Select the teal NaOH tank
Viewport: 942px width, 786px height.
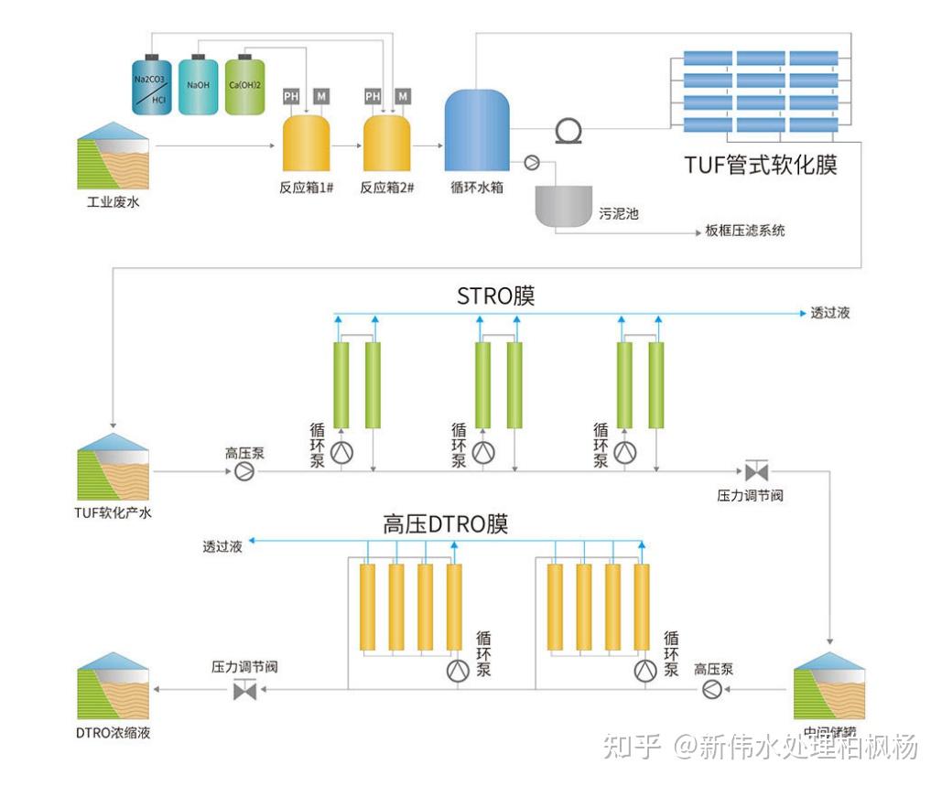198,87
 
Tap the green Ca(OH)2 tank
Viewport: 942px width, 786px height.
245,87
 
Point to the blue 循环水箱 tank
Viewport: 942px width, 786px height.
477,130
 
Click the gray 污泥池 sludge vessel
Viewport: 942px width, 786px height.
563,207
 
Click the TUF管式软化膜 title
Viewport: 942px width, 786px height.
761,165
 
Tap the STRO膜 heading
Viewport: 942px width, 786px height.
496,296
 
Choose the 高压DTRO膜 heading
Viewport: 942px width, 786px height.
445,524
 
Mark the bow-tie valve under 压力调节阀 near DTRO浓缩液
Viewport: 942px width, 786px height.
245,691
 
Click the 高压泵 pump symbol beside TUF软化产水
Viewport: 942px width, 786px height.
244,471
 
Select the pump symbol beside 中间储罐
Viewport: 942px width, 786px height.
712,690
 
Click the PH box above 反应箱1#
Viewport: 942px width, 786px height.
291,96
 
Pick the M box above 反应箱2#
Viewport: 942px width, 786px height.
403,96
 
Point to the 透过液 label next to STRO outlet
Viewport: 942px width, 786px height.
830,313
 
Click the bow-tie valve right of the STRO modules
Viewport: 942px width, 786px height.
756,472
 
